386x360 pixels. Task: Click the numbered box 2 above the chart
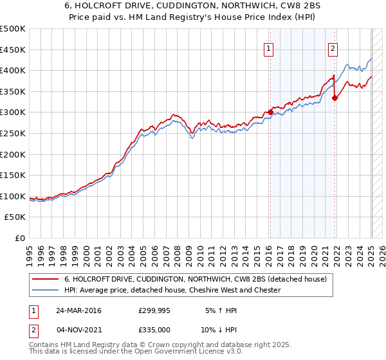[333, 47]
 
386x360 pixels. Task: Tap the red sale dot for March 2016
[270, 112]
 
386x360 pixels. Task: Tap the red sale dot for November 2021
[335, 98]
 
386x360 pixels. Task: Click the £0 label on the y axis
[21, 238]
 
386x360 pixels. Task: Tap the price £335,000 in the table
[154, 329]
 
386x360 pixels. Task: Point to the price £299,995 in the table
[154, 310]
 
